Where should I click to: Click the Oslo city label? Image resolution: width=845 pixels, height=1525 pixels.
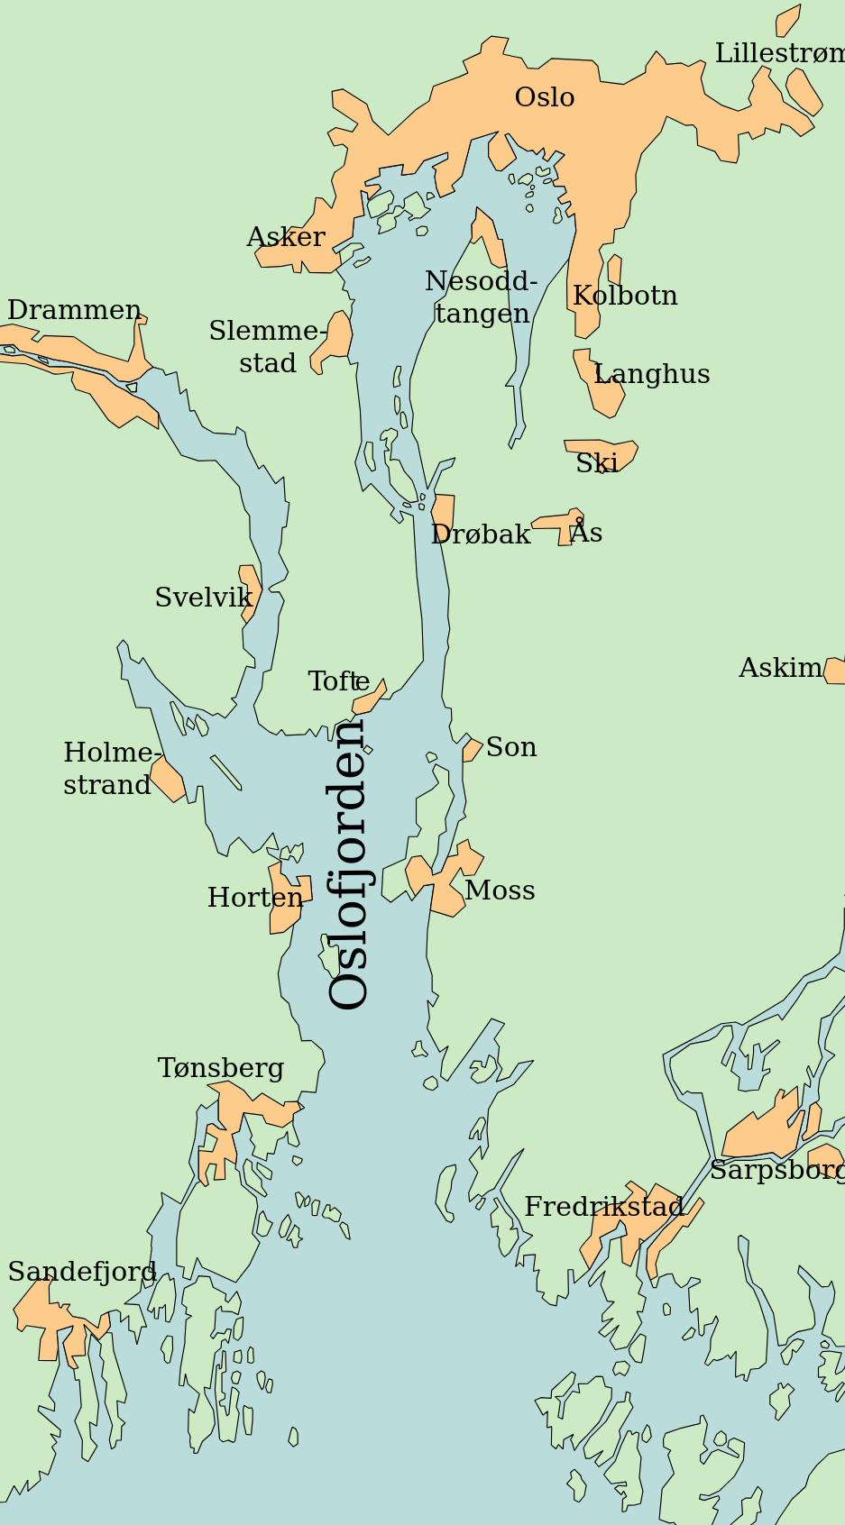(x=545, y=97)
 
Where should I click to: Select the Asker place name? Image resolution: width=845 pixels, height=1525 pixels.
(x=285, y=237)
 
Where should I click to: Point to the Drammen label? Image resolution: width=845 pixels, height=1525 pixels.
(x=74, y=311)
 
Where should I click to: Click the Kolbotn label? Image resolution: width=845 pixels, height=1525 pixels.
(x=625, y=296)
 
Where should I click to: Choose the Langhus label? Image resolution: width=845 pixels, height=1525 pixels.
(x=652, y=374)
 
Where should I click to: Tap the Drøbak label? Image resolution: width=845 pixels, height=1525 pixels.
(x=480, y=534)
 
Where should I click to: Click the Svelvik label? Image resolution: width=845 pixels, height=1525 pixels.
(x=203, y=598)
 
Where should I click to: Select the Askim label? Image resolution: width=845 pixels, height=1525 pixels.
(x=780, y=668)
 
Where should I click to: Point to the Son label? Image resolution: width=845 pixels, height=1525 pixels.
(x=511, y=747)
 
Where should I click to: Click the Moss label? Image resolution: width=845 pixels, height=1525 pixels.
(x=500, y=890)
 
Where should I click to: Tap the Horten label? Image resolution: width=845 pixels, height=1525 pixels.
(x=255, y=898)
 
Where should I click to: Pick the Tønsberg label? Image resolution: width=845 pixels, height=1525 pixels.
(x=221, y=1068)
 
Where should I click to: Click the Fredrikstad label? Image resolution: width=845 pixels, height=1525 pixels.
(x=603, y=1207)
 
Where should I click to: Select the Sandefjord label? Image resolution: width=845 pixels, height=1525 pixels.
(x=82, y=1272)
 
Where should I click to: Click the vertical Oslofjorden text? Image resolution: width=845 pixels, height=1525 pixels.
(x=350, y=863)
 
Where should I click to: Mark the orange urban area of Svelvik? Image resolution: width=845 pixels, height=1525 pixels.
(x=250, y=590)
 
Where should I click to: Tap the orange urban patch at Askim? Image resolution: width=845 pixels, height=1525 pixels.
(x=835, y=671)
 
